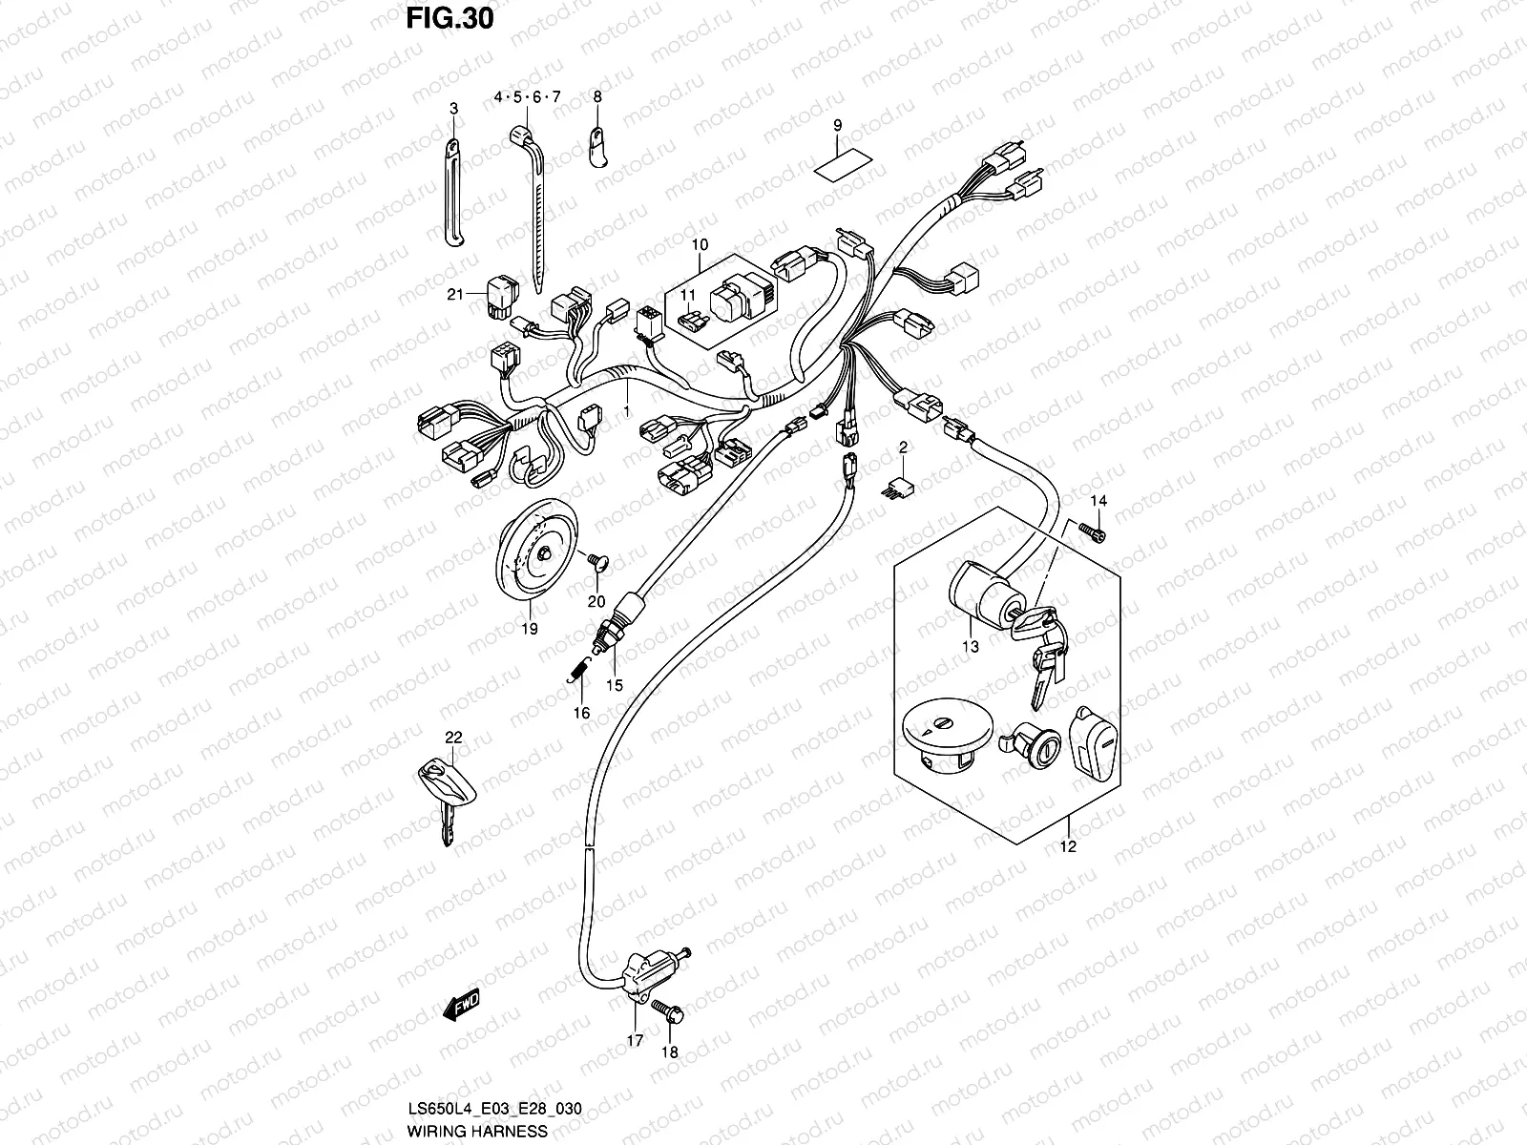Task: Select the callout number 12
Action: pyautogui.click(x=1067, y=845)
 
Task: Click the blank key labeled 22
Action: pyautogui.click(x=441, y=792)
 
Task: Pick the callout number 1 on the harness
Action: pyautogui.click(x=627, y=410)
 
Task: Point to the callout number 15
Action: pyautogui.click(x=615, y=685)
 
